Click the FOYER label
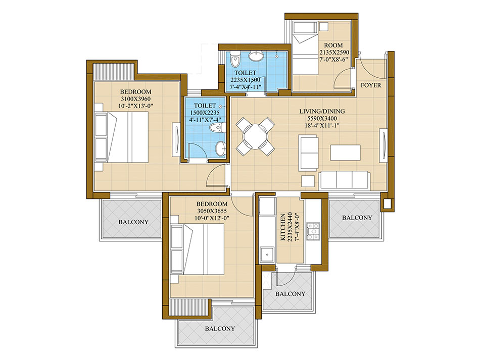click(371, 85)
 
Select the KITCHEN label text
click(283, 227)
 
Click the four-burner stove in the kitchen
click(313, 231)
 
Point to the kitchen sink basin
click(267, 254)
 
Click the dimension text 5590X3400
click(322, 118)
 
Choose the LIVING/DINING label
click(322, 111)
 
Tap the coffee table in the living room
click(345, 152)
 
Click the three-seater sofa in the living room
click(345, 180)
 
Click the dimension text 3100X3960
click(135, 99)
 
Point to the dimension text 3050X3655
click(212, 211)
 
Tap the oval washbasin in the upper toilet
click(256, 56)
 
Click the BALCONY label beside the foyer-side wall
click(357, 218)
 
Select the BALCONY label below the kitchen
click(290, 294)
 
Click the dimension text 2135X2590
click(334, 53)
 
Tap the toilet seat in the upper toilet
click(235, 60)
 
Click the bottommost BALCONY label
click(220, 329)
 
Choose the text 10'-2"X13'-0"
click(135, 106)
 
